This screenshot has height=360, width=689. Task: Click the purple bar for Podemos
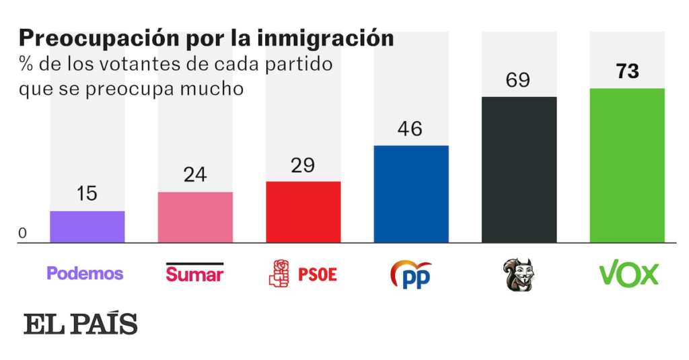pyautogui.click(x=87, y=227)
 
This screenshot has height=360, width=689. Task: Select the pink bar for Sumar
pyautogui.click(x=195, y=217)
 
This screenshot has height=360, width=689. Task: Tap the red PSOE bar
pyautogui.click(x=303, y=212)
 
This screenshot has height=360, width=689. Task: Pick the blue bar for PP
pyautogui.click(x=411, y=194)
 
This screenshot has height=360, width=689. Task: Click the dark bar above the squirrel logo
pyautogui.click(x=519, y=170)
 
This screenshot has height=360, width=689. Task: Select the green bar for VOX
pyautogui.click(x=627, y=166)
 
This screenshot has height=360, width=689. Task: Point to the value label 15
pyautogui.click(x=87, y=194)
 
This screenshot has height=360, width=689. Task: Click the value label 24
pyautogui.click(x=195, y=175)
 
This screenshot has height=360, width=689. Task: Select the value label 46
pyautogui.click(x=411, y=129)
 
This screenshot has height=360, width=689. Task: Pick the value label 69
pyautogui.click(x=519, y=80)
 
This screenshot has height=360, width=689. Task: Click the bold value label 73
pyautogui.click(x=627, y=71)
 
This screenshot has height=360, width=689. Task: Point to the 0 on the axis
pyautogui.click(x=23, y=233)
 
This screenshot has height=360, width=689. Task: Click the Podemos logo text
pyautogui.click(x=85, y=273)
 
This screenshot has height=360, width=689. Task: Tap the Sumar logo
pyautogui.click(x=194, y=273)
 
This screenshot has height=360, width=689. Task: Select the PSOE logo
pyautogui.click(x=303, y=274)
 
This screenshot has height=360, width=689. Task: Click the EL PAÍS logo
pyautogui.click(x=81, y=324)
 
